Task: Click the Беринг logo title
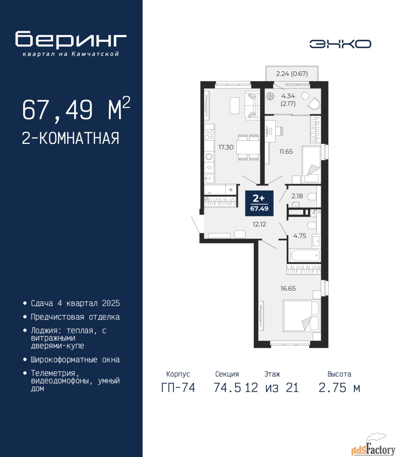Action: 71,40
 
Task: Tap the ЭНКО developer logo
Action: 340,44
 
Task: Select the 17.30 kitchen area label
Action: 226,147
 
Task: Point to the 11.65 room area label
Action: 286,151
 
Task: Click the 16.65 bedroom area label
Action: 288,288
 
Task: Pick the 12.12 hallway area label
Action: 259,225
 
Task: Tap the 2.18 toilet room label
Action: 297,196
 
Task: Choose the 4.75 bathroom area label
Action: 300,236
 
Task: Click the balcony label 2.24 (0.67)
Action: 292,74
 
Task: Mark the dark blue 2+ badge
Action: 259,203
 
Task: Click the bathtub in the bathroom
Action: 305,255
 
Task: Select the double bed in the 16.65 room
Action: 302,316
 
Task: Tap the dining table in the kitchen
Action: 248,147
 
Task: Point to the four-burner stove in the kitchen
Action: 209,135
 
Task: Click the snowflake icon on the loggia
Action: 270,96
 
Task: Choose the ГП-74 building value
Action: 178,388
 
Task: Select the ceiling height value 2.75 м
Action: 339,388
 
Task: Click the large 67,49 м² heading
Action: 76,109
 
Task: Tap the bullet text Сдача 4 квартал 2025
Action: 75,303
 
